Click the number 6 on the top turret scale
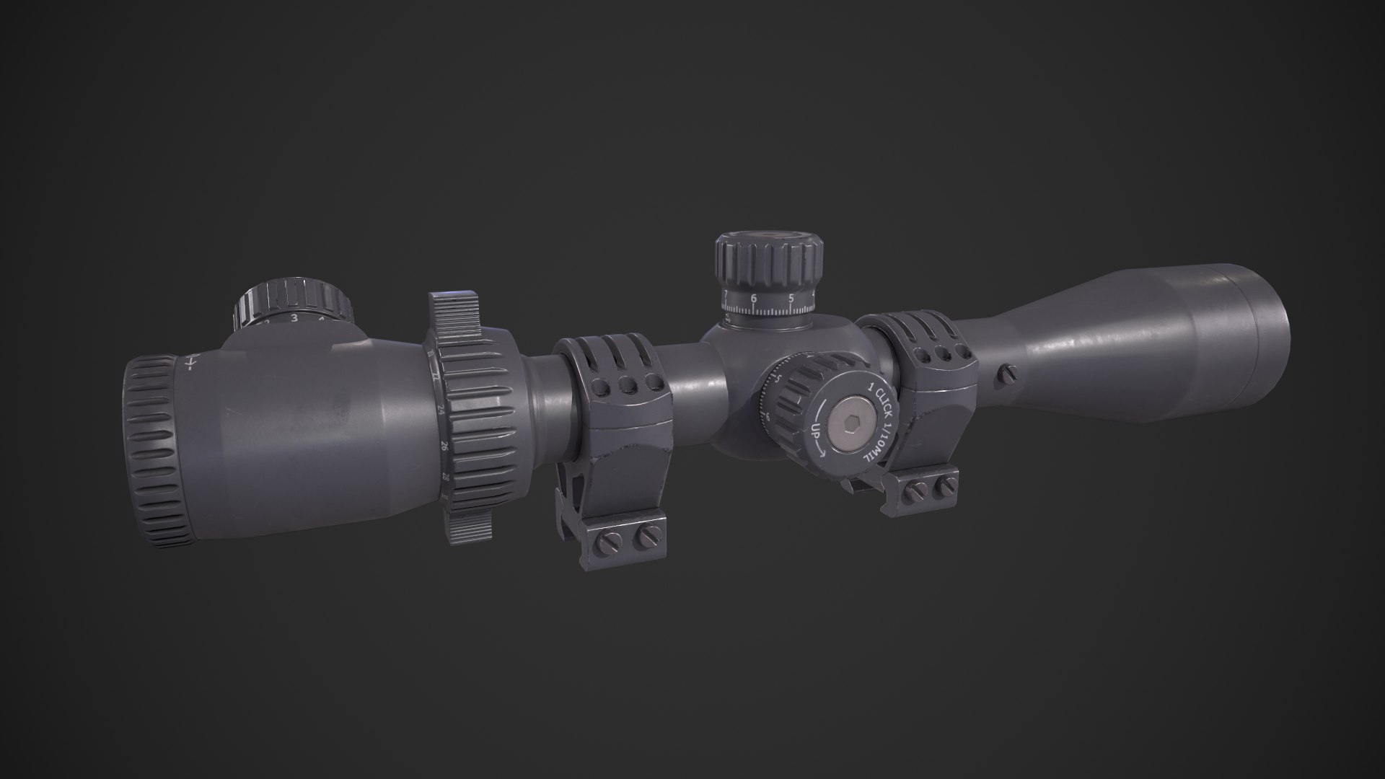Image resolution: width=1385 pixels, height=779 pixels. click(x=754, y=298)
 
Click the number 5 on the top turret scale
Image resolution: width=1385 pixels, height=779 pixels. click(x=791, y=297)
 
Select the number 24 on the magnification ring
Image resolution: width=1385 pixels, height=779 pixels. click(x=441, y=410)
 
